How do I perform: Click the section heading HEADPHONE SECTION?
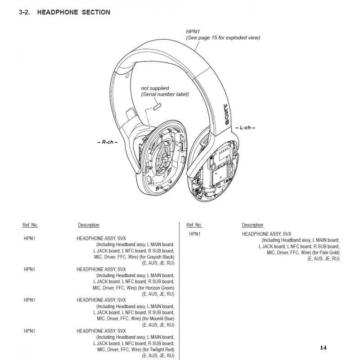(x=73, y=12)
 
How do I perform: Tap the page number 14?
(x=323, y=347)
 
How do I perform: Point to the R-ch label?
(x=108, y=142)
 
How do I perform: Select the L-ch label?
(x=245, y=128)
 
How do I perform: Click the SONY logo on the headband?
(x=227, y=115)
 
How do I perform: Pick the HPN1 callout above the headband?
(x=193, y=31)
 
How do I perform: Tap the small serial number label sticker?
(x=157, y=107)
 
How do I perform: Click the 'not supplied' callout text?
(x=155, y=88)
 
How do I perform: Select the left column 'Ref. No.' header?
(x=30, y=225)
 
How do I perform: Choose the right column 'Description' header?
(x=252, y=225)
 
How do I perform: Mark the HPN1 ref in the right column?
(x=195, y=234)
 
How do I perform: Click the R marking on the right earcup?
(x=157, y=189)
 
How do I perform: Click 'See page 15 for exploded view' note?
(x=223, y=38)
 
